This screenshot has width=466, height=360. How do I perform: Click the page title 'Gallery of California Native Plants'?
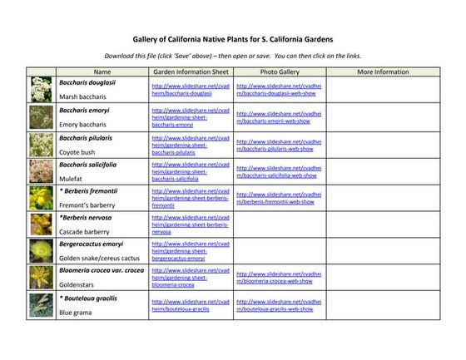pos(232,38)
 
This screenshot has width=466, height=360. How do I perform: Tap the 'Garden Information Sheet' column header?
pos(191,72)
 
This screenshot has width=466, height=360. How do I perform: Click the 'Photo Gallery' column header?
pos(279,72)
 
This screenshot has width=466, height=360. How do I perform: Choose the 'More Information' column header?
pos(382,72)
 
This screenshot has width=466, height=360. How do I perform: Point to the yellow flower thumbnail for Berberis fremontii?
pos(42,198)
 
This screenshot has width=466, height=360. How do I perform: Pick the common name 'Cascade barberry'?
pos(84,232)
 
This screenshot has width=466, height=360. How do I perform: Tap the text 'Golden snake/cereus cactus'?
pos(97,259)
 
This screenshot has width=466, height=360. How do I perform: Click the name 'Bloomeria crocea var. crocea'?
pos(102,271)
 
